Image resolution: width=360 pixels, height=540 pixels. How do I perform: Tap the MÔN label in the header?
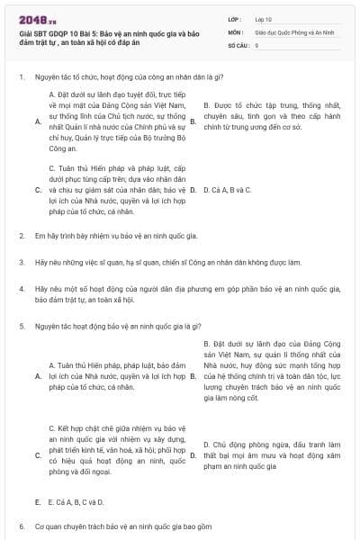pyautogui.click(x=236, y=31)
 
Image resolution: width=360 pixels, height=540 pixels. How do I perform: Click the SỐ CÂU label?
pyautogui.click(x=238, y=43)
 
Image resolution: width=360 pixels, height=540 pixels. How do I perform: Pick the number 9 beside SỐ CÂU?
pyautogui.click(x=257, y=43)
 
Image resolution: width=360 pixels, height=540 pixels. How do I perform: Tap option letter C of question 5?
pyautogui.click(x=38, y=455)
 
